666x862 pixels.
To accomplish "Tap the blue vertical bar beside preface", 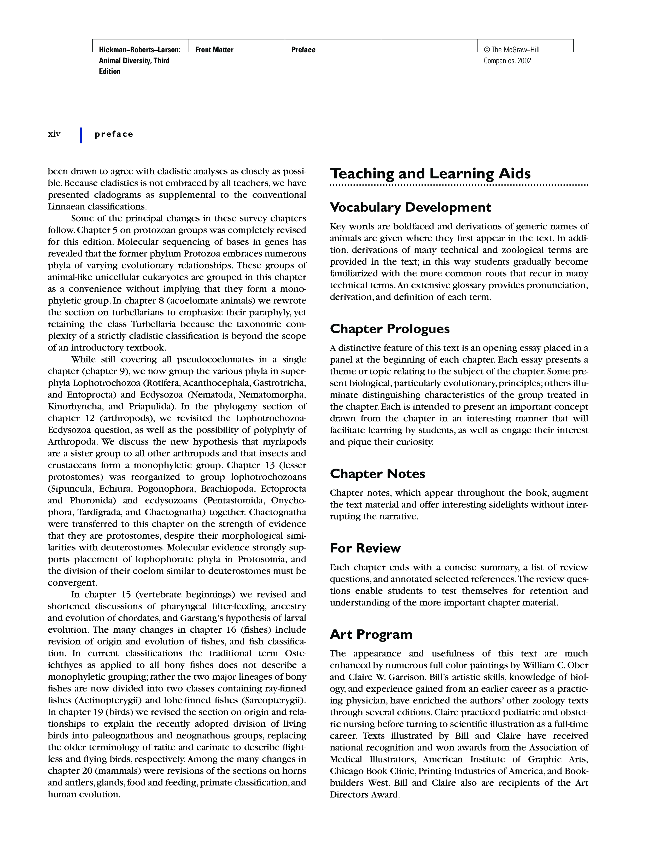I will tap(81, 135).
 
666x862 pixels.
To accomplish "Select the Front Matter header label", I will tap(214, 50).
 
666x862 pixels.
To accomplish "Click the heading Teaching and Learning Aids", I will tap(430, 174).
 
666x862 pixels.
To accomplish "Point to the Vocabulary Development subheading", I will tap(410, 207).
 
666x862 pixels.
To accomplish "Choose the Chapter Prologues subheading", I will tap(389, 329).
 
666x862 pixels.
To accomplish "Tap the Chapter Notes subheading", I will tap(377, 474).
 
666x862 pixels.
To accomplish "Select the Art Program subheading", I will tap(371, 634).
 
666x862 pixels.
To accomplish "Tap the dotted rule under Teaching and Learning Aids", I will tap(459, 185).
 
